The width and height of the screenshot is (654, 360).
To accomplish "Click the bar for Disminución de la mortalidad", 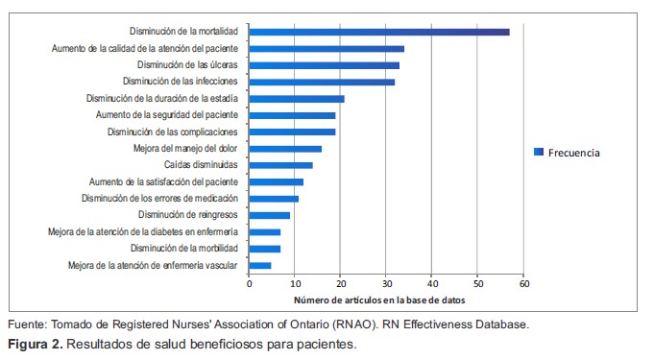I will click(x=379, y=32).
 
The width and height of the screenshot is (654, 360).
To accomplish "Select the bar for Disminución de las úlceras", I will click(x=325, y=65).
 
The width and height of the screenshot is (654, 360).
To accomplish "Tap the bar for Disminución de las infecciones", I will click(x=322, y=82).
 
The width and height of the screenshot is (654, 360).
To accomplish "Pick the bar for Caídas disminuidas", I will click(x=280, y=165).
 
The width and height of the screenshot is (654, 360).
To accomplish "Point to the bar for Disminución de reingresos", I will click(x=269, y=215).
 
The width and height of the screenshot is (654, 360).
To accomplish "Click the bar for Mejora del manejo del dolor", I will click(x=285, y=149).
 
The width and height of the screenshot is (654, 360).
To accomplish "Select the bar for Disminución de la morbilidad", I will click(x=264, y=249).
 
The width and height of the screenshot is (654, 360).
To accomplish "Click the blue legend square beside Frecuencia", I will click(x=539, y=152).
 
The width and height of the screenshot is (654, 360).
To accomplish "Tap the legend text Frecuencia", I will click(x=574, y=152).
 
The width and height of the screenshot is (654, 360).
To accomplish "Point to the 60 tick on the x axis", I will click(x=523, y=284).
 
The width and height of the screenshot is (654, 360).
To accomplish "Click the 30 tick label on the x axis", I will click(x=386, y=284).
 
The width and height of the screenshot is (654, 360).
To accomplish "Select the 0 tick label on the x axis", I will click(x=249, y=284).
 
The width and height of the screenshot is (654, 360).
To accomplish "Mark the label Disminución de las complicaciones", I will click(x=172, y=132).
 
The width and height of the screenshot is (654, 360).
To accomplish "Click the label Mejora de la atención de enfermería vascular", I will click(x=153, y=265).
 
